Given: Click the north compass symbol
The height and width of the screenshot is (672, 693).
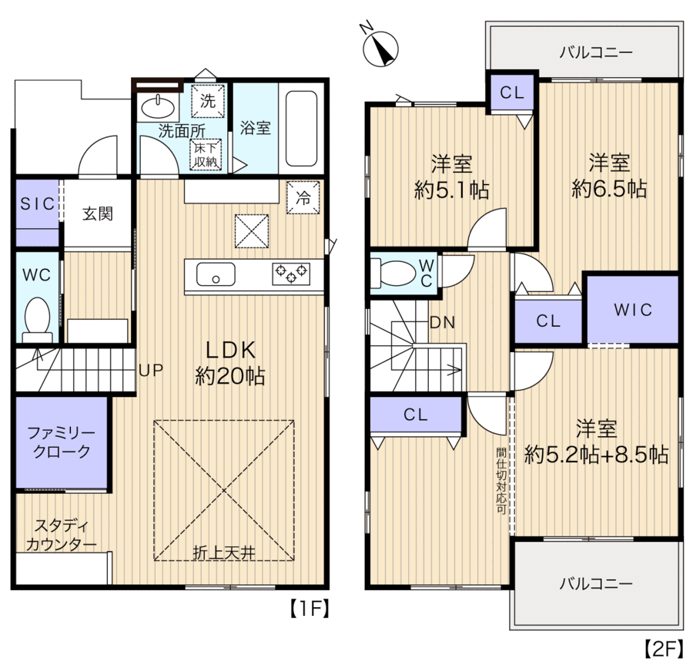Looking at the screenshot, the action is pyautogui.click(x=380, y=49).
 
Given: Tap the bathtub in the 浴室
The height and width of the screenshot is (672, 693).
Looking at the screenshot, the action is pyautogui.click(x=301, y=128).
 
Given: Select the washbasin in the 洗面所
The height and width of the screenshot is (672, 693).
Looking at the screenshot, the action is pyautogui.click(x=158, y=107).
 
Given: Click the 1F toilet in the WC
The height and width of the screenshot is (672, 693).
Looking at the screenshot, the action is pyautogui.click(x=37, y=318).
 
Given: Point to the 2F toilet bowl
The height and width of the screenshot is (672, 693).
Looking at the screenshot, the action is pyautogui.click(x=393, y=273).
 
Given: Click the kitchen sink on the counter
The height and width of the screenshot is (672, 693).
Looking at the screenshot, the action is pyautogui.click(x=216, y=274).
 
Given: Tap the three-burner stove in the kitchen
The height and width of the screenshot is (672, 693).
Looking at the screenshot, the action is pyautogui.click(x=291, y=273).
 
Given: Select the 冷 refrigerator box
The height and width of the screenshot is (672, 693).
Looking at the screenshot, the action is pyautogui.click(x=303, y=198).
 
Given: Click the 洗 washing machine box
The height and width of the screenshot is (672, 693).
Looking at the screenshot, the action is pyautogui.click(x=208, y=101).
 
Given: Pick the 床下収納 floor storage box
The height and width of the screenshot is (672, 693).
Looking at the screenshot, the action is pyautogui.click(x=206, y=155).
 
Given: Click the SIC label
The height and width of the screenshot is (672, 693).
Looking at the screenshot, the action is pyautogui.click(x=37, y=204).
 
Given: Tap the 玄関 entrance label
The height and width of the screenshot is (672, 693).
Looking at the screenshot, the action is pyautogui.click(x=98, y=213).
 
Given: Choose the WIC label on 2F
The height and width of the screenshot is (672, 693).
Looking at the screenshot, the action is pyautogui.click(x=633, y=310).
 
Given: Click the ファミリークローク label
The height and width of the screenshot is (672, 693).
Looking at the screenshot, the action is pyautogui.click(x=61, y=442).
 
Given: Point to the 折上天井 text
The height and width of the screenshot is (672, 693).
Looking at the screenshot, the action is pyautogui.click(x=223, y=553).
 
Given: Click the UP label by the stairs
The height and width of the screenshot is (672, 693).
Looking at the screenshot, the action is pyautogui.click(x=151, y=370).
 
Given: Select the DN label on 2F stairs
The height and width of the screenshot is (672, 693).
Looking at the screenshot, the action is pyautogui.click(x=443, y=322).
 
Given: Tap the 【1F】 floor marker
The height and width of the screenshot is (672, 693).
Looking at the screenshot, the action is pyautogui.click(x=310, y=609).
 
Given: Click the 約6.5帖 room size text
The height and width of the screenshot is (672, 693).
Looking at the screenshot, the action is pyautogui.click(x=609, y=190).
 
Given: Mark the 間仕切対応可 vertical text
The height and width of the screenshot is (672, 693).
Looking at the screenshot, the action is pyautogui.click(x=500, y=481).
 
